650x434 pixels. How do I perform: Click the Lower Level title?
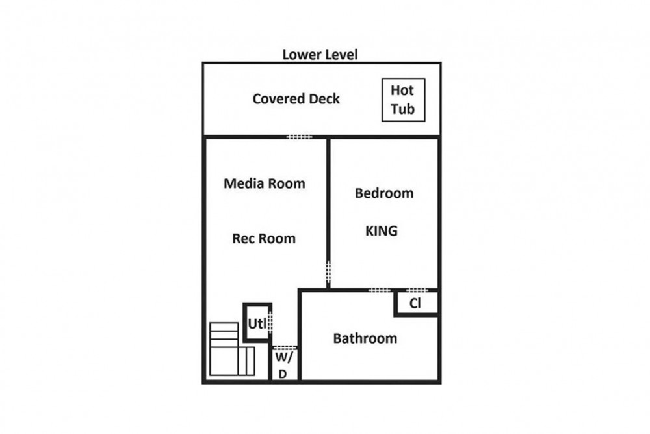point(320,55)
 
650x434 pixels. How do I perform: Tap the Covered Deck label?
point(296,99)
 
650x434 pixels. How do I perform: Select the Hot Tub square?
point(404,100)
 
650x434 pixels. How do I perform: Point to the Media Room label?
point(265,183)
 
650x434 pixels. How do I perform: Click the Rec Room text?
point(264,239)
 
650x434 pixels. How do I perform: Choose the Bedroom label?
point(384,193)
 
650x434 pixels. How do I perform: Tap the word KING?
point(382,231)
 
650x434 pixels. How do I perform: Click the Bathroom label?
point(365,338)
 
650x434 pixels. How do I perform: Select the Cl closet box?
point(416,303)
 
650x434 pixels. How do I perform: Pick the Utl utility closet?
point(257,323)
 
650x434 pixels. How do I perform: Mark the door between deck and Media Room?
point(299,137)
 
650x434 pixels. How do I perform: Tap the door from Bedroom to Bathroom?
point(380,290)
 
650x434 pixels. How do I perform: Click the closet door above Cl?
point(417,290)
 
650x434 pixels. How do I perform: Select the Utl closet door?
point(270,321)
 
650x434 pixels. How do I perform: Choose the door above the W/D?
point(285,347)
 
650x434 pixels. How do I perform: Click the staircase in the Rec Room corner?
point(232,349)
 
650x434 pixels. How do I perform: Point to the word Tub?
point(403,109)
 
